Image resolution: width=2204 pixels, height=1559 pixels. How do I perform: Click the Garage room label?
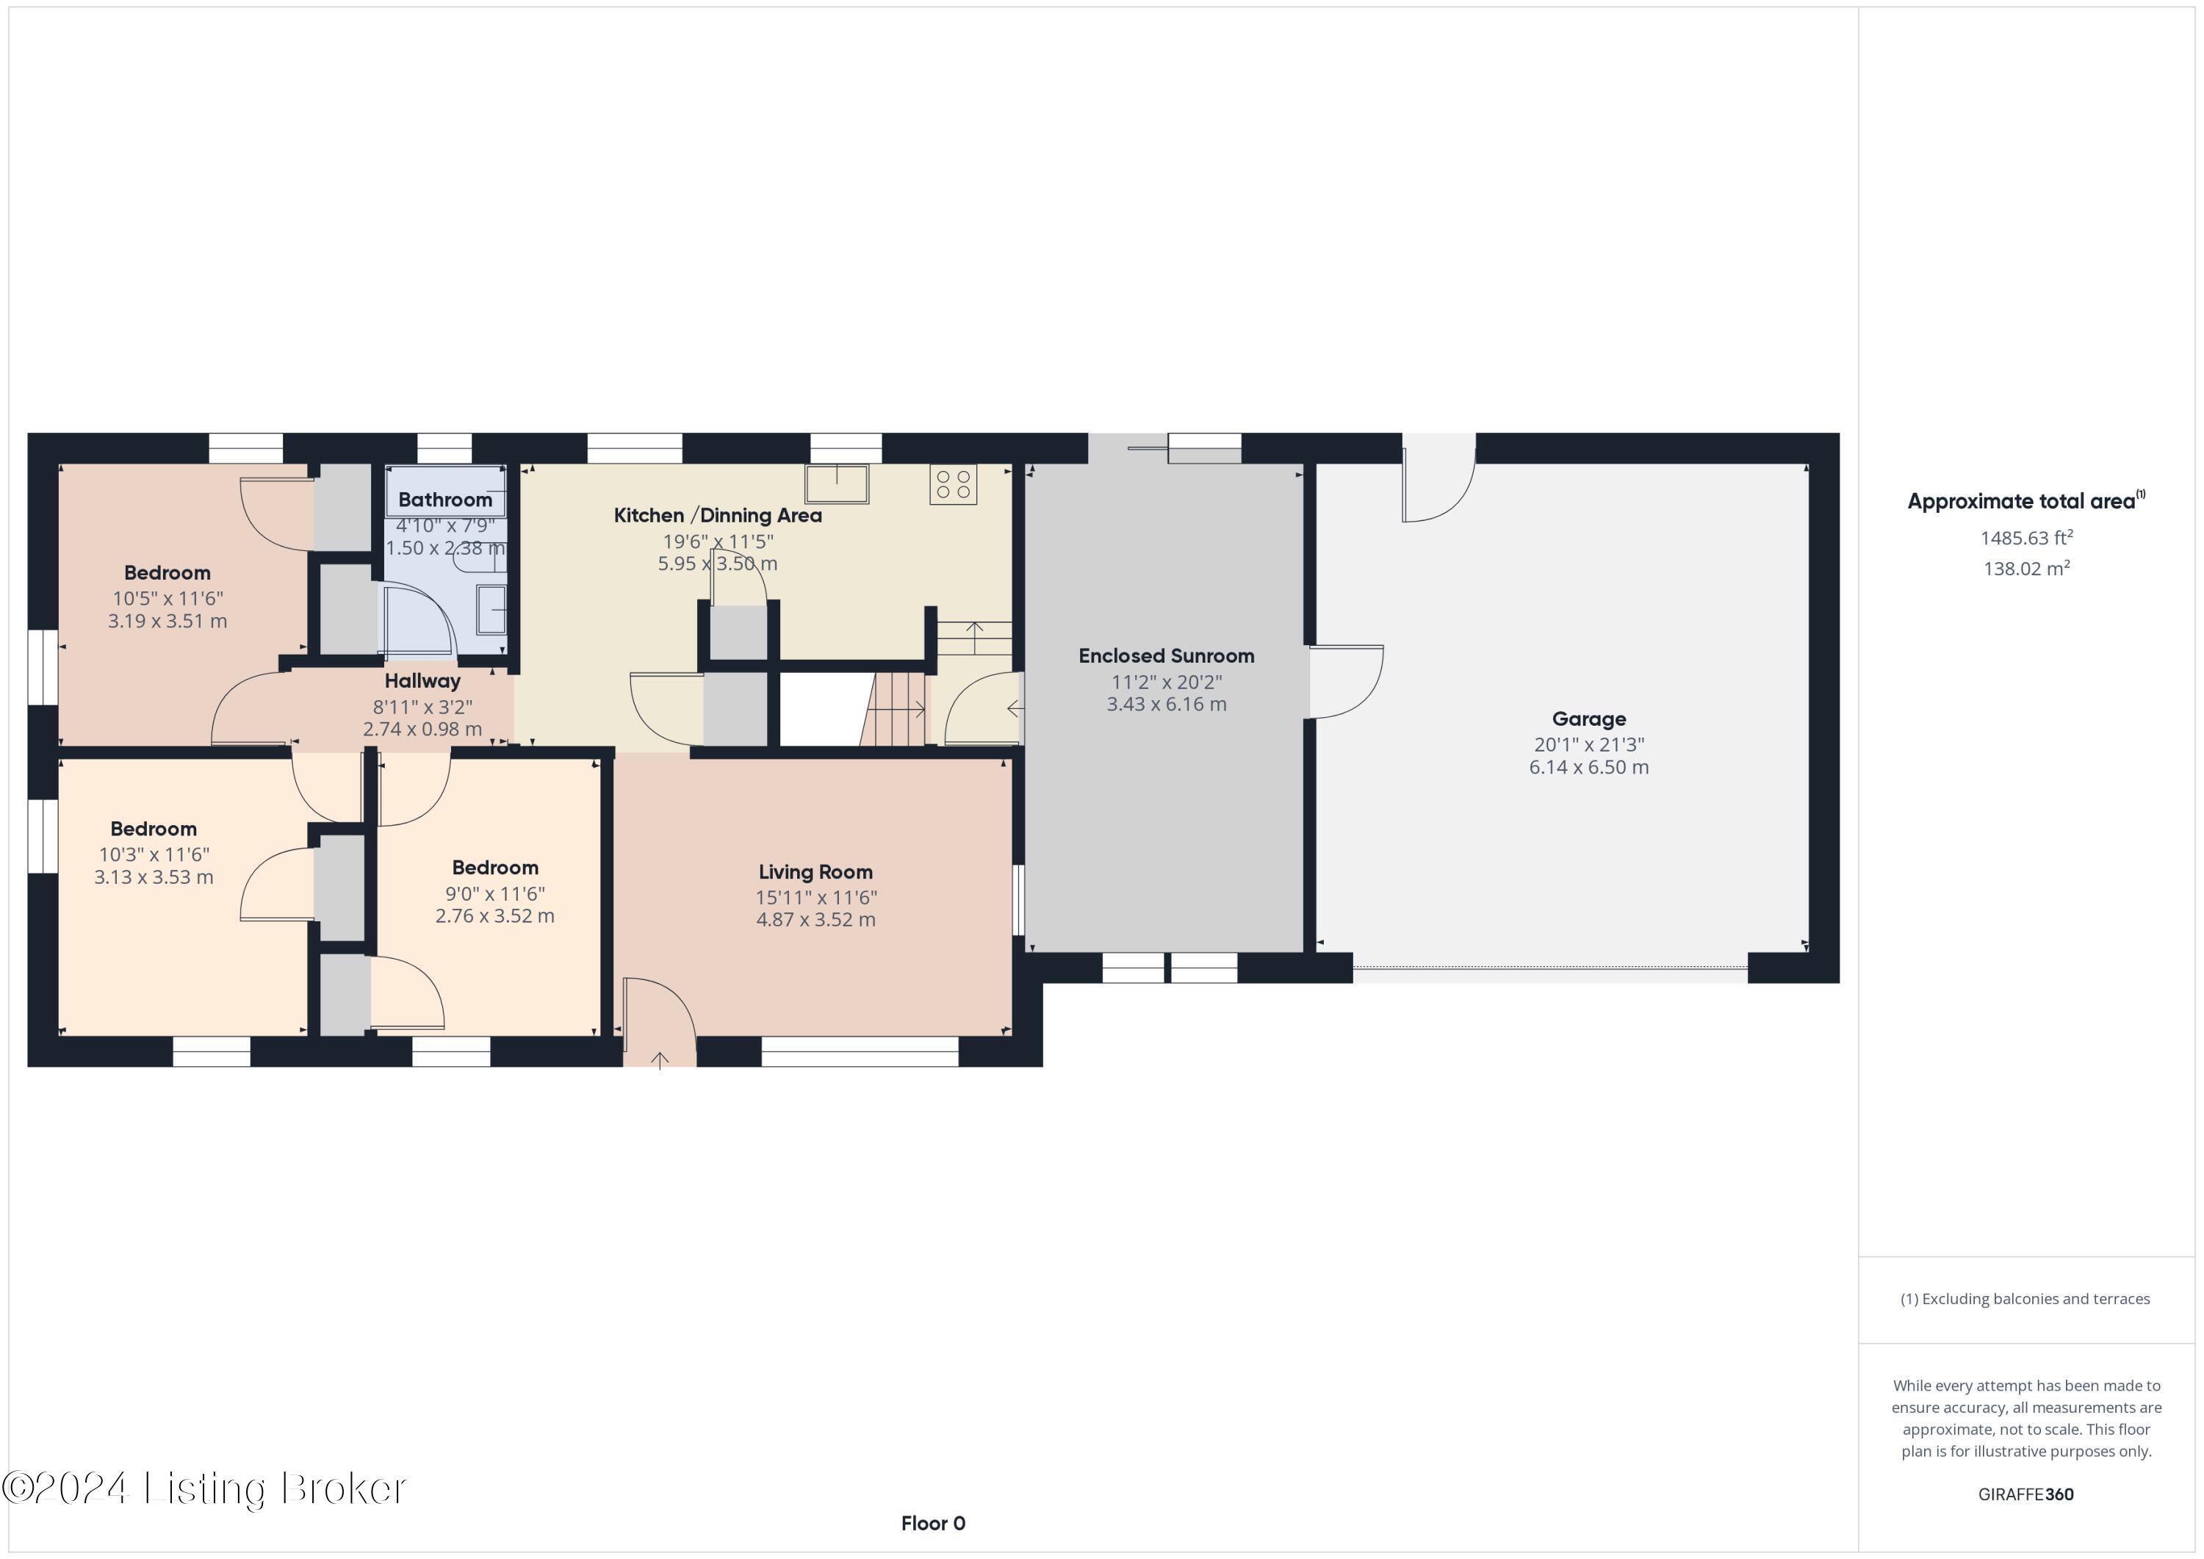pos(1588,719)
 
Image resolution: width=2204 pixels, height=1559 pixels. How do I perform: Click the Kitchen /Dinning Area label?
pos(717,516)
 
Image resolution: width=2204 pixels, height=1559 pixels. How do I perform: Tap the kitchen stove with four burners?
pos(952,485)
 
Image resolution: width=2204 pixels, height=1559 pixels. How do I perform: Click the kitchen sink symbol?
pos(836,483)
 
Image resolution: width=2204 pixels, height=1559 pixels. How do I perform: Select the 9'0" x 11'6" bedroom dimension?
pos(494,893)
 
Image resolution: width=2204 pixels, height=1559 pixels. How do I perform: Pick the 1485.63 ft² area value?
pos(2025,539)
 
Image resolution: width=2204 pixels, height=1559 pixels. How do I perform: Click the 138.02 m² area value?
pos(2025,569)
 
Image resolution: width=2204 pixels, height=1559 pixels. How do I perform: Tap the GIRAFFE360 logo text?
pos(2025,1494)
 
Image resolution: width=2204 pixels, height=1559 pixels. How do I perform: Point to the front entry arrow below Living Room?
pos(660,1060)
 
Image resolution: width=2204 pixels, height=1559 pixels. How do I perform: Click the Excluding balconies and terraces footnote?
pos(2025,1299)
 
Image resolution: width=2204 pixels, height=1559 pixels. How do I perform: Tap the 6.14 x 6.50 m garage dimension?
pos(1588,768)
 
